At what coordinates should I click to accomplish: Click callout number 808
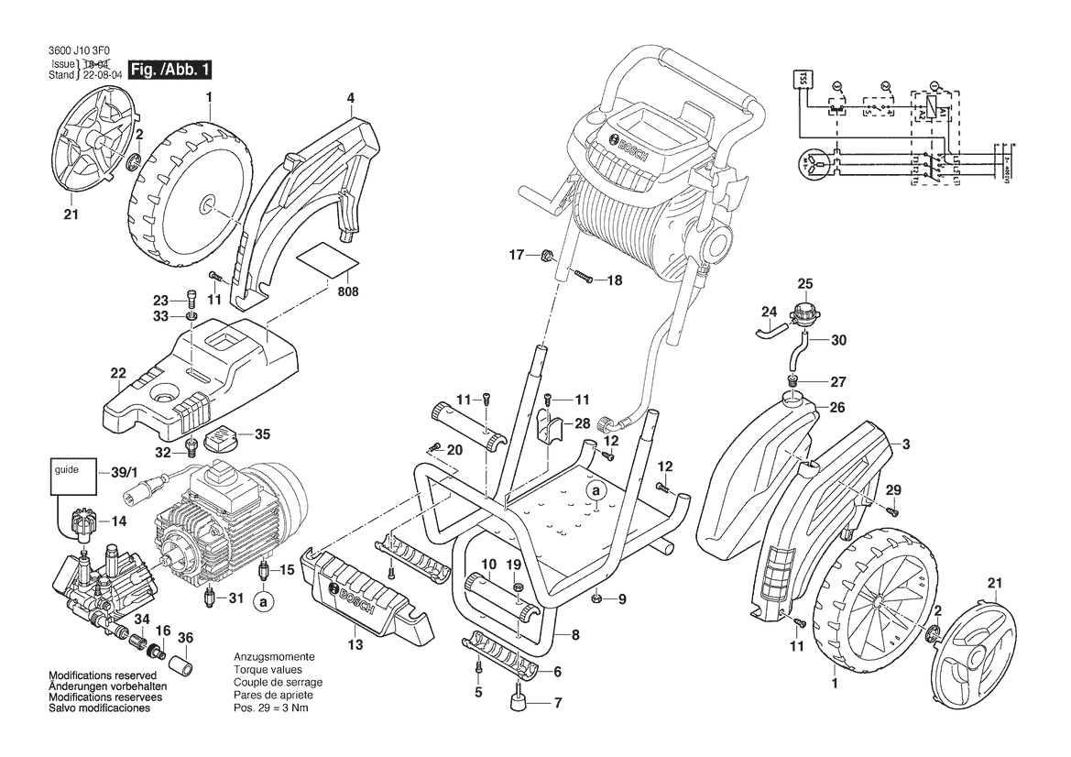[347, 291]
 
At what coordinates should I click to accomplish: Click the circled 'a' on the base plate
[596, 492]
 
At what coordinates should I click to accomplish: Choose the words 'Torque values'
[266, 671]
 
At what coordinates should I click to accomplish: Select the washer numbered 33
[191, 317]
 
